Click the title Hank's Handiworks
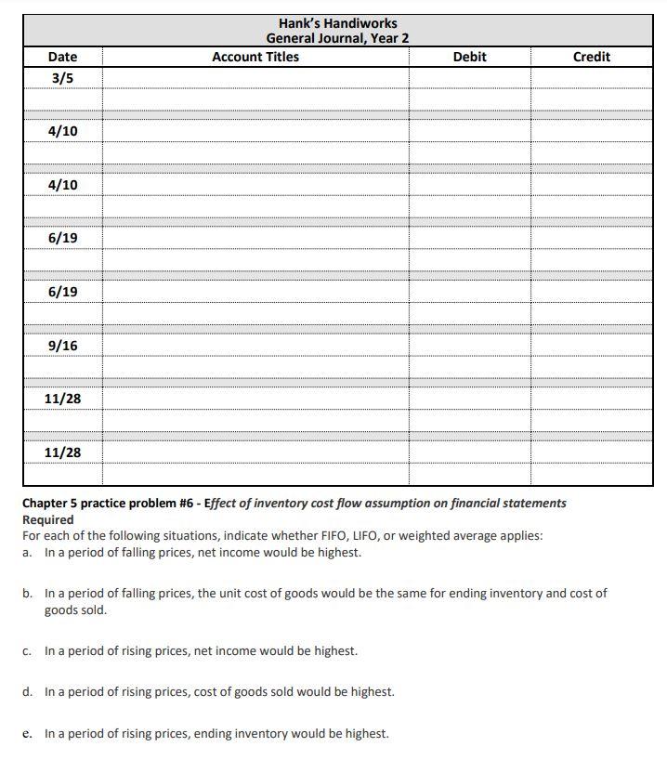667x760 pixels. pyautogui.click(x=337, y=23)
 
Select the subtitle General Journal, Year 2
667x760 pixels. pyautogui.click(x=337, y=38)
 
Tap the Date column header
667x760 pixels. pyautogui.click(x=62, y=57)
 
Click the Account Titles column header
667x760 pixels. pyautogui.click(x=255, y=57)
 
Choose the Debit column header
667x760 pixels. pyautogui.click(x=469, y=57)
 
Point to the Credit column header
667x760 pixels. pyautogui.click(x=591, y=57)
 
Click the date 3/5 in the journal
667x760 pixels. pyautogui.click(x=62, y=78)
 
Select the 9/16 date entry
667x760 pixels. pyautogui.click(x=62, y=346)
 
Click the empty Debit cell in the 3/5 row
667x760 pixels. pyautogui.click(x=469, y=78)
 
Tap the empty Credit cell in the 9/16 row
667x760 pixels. pyautogui.click(x=591, y=346)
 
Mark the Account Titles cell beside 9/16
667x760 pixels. pyautogui.click(x=255, y=346)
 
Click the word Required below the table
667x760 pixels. pyautogui.click(x=47, y=519)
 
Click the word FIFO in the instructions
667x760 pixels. pyautogui.click(x=350, y=536)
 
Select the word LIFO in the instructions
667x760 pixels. pyautogui.click(x=386, y=536)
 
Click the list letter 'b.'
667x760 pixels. pyautogui.click(x=28, y=593)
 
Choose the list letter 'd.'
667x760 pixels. pyautogui.click(x=28, y=692)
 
